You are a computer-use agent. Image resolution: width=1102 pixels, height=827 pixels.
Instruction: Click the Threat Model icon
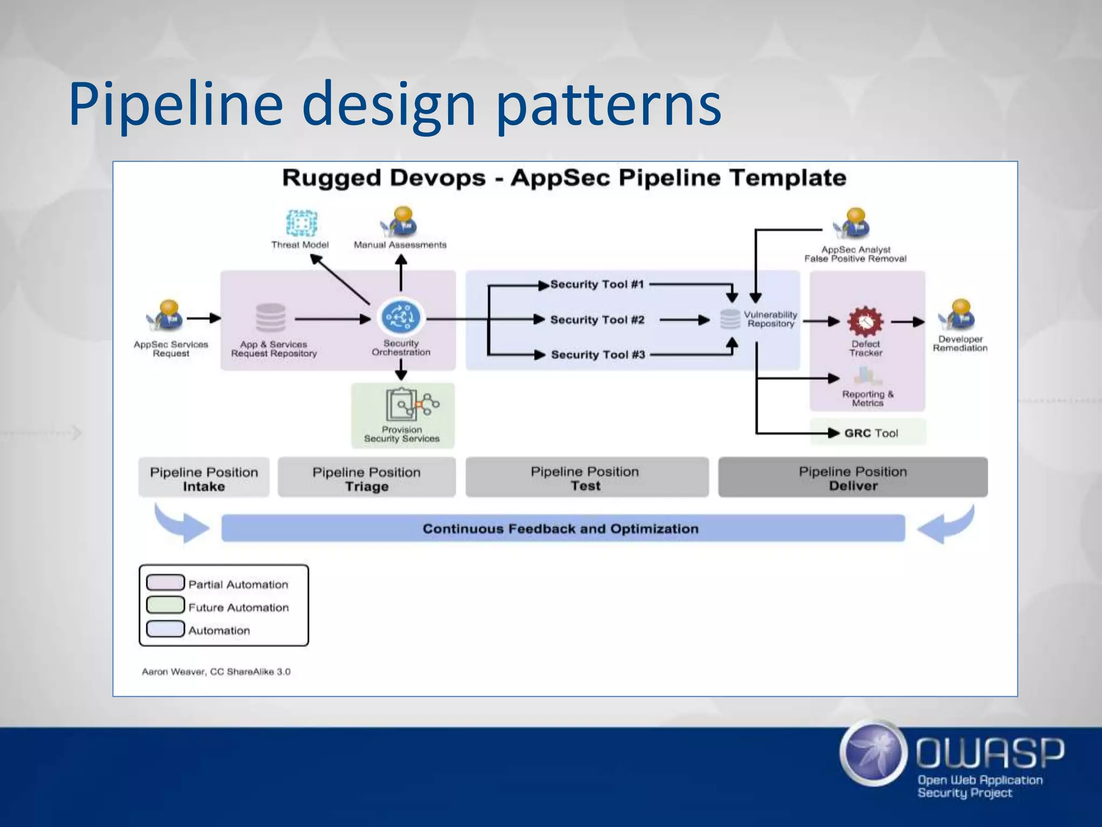point(301,223)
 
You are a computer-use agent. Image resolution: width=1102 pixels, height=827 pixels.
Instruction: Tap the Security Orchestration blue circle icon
point(401,318)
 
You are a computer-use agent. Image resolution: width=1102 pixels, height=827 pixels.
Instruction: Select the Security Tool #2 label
point(597,320)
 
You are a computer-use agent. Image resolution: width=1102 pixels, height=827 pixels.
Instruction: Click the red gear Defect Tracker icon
point(865,321)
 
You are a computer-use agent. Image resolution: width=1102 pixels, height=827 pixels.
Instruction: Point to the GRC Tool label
point(871,433)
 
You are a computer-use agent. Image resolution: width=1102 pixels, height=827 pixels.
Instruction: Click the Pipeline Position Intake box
point(204,478)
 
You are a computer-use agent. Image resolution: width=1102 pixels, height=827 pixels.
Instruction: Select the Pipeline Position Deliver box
point(853,478)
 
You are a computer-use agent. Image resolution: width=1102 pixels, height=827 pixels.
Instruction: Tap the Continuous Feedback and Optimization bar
point(563,528)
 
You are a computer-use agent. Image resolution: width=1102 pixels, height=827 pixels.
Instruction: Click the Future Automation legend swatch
point(165,605)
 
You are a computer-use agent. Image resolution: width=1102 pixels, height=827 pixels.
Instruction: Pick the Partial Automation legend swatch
point(165,583)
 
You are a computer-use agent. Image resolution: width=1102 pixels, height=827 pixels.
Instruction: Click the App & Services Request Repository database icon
point(271,318)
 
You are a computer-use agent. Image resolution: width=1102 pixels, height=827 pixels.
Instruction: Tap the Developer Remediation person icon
point(958,316)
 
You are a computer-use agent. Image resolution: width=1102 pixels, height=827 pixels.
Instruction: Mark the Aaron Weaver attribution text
point(216,671)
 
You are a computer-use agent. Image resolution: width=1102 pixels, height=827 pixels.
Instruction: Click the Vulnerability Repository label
point(770,319)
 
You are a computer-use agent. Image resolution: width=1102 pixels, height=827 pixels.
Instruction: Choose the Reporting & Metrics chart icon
point(865,376)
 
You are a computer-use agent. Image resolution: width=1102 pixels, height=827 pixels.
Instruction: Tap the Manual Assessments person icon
point(400,222)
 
